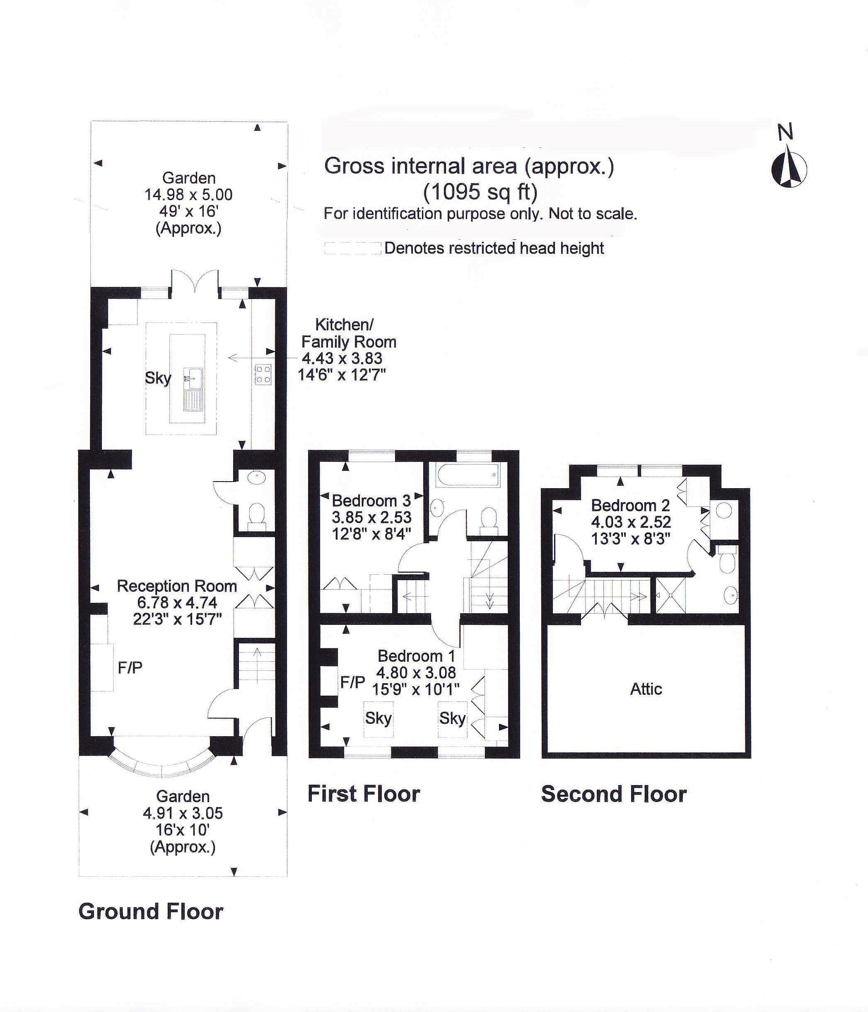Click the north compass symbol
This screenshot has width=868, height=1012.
coord(788,169)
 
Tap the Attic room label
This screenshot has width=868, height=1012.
coord(646,689)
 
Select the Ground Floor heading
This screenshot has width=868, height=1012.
coord(150,911)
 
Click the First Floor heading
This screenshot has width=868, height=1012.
coord(364,794)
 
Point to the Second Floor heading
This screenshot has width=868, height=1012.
coord(613,794)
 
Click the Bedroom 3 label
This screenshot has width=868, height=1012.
coord(371,501)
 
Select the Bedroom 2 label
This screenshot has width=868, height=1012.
coord(630,505)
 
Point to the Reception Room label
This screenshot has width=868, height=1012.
coord(177,586)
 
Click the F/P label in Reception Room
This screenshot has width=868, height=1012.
coord(130,667)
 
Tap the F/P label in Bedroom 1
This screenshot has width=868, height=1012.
coord(353,682)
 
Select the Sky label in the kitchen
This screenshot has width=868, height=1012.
coord(158,378)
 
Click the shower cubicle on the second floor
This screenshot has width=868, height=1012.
coord(670,595)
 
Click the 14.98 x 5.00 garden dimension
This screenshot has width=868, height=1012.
coord(188,195)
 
